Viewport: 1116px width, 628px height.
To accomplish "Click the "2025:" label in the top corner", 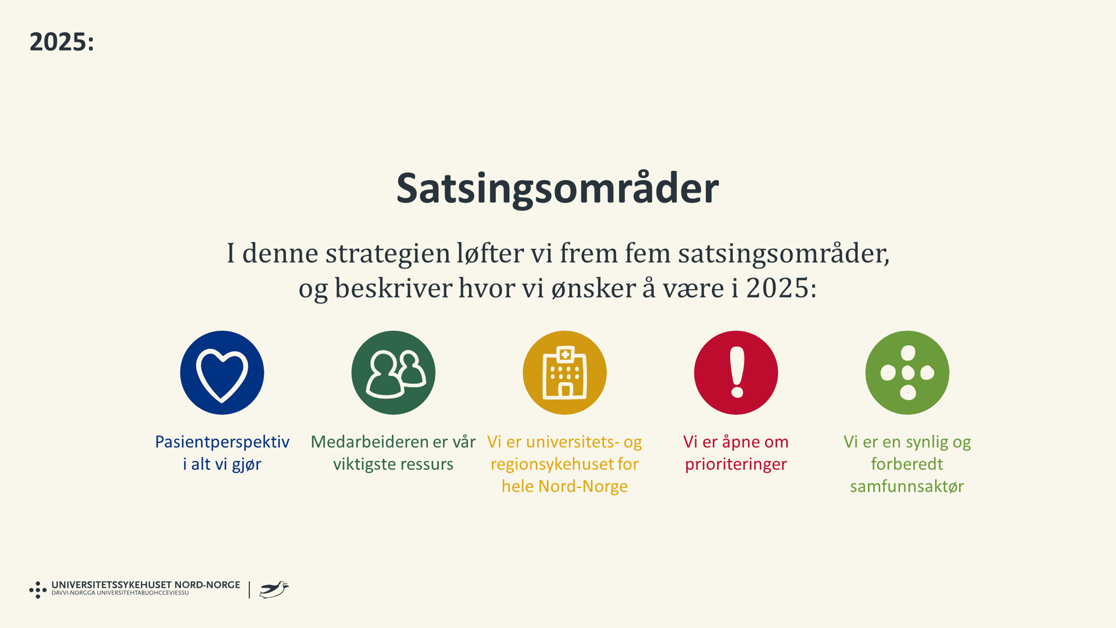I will (x=62, y=42).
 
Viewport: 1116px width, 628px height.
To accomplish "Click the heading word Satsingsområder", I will (x=557, y=188).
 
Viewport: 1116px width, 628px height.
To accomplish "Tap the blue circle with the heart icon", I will (x=222, y=373).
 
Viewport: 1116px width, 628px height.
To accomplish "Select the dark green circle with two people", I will (x=394, y=373).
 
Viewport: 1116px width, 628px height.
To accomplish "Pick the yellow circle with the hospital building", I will (x=564, y=373).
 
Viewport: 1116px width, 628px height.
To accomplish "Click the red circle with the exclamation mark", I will (x=736, y=373).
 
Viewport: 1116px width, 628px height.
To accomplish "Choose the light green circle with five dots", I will (x=907, y=373).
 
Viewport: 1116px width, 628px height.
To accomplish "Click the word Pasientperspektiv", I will (x=222, y=442).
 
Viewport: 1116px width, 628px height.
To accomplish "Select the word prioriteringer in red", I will (x=736, y=464).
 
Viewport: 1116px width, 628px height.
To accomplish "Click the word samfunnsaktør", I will (x=907, y=486).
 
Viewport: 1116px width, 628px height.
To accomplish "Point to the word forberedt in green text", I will (x=907, y=464).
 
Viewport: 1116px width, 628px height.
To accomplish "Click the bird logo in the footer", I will (x=274, y=590).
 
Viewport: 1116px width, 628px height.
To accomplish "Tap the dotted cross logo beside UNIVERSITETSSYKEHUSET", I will (x=38, y=590).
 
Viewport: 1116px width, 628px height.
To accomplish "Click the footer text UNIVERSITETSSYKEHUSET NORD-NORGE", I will (x=145, y=585).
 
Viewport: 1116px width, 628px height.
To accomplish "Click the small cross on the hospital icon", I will (x=564, y=354).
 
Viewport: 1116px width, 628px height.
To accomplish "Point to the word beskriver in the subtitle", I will (x=393, y=288).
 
